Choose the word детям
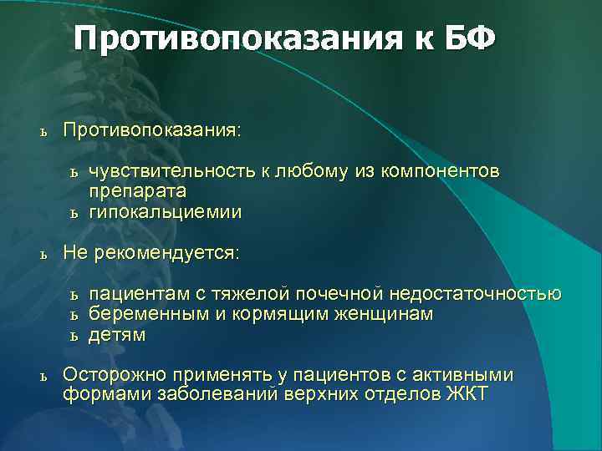click(117, 335)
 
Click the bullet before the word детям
click(74, 336)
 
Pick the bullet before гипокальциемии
click(74, 213)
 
